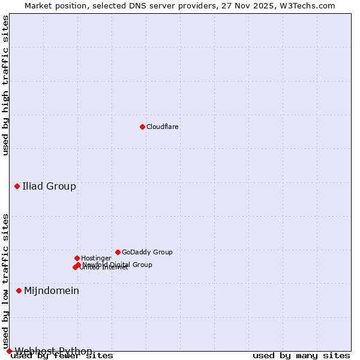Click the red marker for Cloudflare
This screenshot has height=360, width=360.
coord(142,127)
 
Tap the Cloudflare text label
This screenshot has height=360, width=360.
coord(162,127)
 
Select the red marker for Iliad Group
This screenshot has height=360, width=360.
coord(17,186)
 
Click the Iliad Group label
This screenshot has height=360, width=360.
coord(49,186)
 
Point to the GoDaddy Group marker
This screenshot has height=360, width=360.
coord(118,252)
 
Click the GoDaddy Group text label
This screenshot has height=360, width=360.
coord(147,252)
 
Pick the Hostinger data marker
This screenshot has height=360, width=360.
coord(77,258)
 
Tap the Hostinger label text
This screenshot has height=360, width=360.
coord(96,258)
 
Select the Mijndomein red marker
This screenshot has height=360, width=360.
coord(19,290)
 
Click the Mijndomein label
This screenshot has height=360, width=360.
coord(52,290)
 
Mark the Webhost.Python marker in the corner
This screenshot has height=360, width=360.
coord(9,351)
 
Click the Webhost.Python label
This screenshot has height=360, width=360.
coord(53,351)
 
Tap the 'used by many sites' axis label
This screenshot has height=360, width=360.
coord(301,356)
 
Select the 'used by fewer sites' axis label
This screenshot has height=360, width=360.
coord(62,356)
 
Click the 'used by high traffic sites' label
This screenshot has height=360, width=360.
coord(5,85)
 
